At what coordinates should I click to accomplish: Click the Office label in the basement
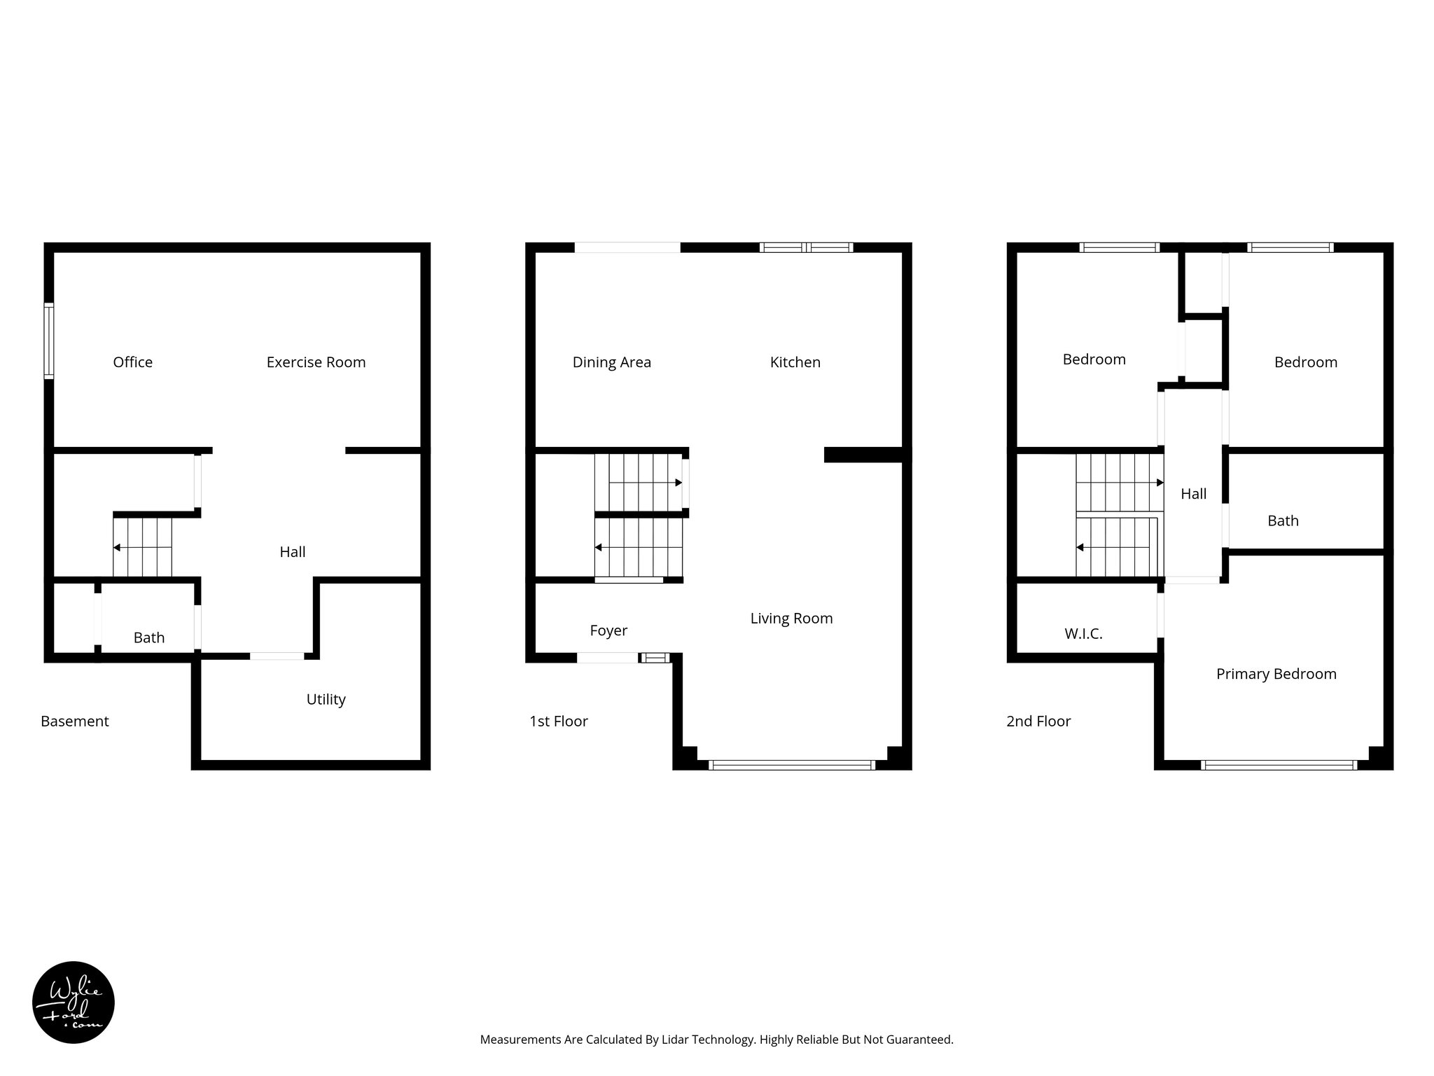132,362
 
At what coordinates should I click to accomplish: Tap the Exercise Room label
316,362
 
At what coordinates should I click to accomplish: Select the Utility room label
326,699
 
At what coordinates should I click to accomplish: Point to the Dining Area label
611,362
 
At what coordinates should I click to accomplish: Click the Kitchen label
795,362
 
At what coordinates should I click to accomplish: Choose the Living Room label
791,618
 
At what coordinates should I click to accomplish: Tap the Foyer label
608,630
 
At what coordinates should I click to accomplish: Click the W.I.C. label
1083,634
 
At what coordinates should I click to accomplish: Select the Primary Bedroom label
1276,674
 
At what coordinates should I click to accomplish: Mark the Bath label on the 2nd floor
1283,520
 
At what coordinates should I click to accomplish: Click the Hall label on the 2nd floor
1193,494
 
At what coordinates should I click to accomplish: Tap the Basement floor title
75,721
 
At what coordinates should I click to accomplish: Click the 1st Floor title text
558,721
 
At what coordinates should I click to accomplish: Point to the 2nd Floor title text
1038,721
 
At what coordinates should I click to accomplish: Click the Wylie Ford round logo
74,1002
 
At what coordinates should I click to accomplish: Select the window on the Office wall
48,341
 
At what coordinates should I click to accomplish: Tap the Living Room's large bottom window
791,765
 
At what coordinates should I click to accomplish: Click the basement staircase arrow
118,547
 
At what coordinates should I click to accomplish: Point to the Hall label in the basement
292,552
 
